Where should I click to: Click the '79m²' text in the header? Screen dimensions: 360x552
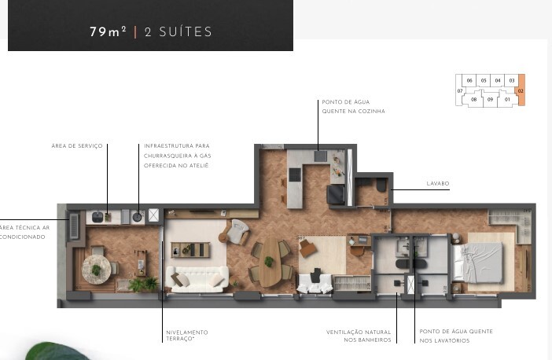coord(108,32)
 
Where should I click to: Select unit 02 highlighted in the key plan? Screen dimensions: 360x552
coord(521,90)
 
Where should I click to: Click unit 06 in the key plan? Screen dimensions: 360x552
coord(469,81)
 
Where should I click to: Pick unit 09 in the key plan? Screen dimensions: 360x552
coord(491,100)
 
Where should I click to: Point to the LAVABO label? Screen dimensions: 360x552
coord(437,183)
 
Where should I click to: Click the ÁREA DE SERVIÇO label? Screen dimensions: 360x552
coord(77,145)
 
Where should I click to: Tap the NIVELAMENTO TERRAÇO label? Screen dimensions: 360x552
coord(186,336)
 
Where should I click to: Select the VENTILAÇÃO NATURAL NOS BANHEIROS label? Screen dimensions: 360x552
coord(359,336)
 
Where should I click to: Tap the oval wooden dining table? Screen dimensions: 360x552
coord(271,263)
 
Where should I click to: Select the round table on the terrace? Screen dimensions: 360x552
coord(97,270)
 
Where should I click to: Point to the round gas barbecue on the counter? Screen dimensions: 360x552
coord(138,216)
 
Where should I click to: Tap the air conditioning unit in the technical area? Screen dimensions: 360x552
coord(74,226)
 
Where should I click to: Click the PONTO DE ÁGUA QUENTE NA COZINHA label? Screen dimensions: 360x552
coord(353,107)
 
